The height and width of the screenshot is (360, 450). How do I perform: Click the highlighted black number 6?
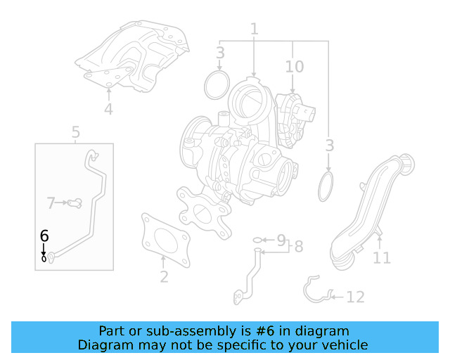click(44, 236)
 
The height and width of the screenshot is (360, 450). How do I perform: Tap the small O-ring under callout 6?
click(44, 259)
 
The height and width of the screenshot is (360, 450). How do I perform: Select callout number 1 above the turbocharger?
click(255, 29)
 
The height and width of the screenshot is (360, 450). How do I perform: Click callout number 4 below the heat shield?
click(108, 109)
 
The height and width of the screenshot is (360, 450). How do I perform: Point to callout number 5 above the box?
click(75, 132)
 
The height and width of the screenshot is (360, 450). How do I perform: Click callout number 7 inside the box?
click(51, 203)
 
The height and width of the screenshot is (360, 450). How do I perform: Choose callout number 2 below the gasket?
click(164, 277)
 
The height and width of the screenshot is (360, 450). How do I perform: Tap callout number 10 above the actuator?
click(294, 67)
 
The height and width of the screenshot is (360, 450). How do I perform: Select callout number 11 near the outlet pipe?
click(382, 257)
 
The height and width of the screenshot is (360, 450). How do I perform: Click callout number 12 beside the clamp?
click(356, 297)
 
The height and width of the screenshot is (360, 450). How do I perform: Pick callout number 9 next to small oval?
click(281, 240)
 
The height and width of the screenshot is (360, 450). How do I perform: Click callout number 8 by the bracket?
click(299, 247)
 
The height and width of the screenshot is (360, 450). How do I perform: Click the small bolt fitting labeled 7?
click(75, 203)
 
